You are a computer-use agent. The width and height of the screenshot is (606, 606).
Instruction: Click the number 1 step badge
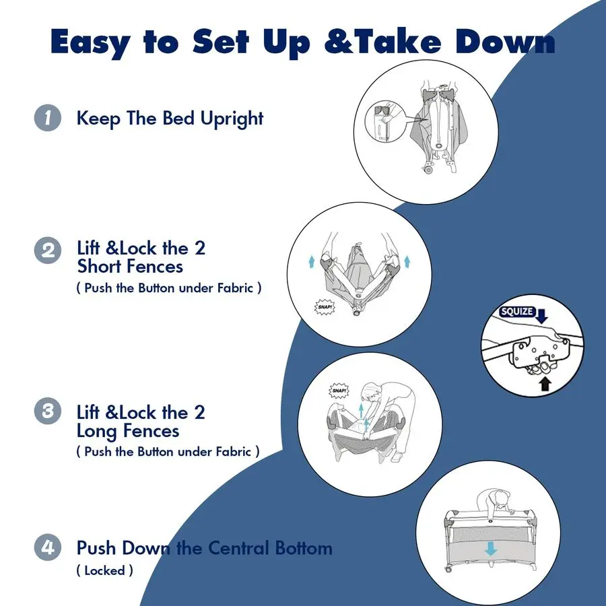(x=48, y=118)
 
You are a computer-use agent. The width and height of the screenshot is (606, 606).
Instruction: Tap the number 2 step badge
(x=48, y=250)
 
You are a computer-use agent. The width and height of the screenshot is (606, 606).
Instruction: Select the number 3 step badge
(x=48, y=411)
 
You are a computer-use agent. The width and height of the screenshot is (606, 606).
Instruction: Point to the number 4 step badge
(x=48, y=547)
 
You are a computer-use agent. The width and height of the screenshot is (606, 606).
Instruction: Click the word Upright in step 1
(x=232, y=119)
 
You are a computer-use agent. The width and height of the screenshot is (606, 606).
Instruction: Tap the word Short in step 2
(x=102, y=266)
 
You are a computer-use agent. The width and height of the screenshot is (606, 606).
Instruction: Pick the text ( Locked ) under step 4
(x=105, y=570)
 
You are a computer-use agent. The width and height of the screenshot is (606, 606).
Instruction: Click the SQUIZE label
(x=516, y=312)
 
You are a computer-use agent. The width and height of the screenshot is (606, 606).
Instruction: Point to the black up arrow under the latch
(x=545, y=384)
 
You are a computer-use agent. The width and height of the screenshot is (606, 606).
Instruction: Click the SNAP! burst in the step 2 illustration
(x=325, y=307)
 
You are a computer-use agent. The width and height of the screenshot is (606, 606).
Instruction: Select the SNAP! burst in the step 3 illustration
(x=339, y=391)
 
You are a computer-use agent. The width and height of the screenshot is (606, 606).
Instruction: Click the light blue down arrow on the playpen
(x=491, y=548)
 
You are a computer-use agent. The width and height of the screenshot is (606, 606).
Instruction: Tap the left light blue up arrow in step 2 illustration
(x=312, y=262)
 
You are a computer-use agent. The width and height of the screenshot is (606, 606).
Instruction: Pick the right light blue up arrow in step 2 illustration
(x=407, y=262)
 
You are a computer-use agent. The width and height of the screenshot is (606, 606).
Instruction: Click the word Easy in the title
(x=90, y=42)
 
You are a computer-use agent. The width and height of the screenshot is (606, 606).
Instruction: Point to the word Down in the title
(x=506, y=41)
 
